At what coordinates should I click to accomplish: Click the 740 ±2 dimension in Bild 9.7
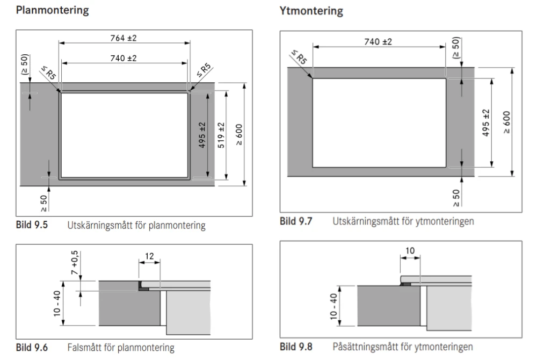[379, 42]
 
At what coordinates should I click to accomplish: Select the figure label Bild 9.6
[33, 348]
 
